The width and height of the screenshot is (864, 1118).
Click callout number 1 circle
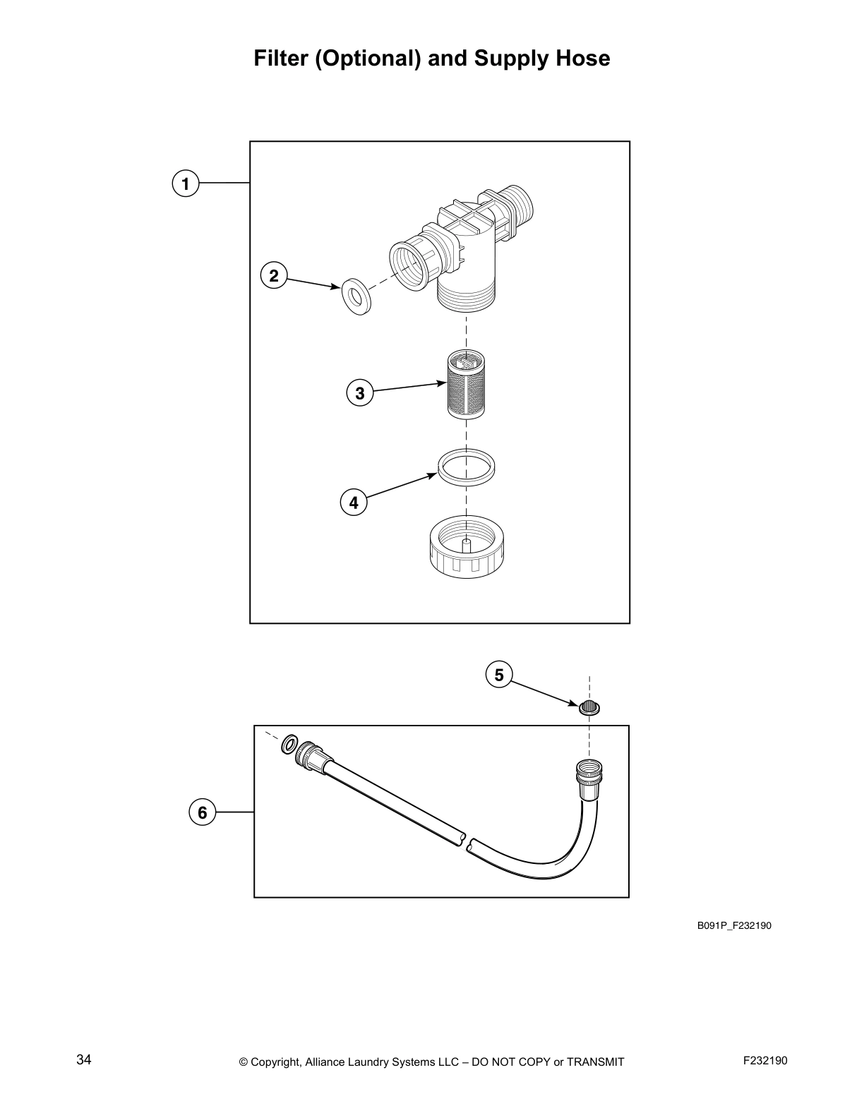click(185, 184)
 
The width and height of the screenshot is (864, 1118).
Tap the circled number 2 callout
click(274, 275)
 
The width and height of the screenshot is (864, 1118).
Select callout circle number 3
click(360, 392)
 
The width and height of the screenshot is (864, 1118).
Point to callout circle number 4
click(354, 503)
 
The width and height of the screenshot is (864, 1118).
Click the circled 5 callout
click(499, 675)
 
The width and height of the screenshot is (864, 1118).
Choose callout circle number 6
click(203, 812)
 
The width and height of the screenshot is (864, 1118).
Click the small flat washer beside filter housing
click(357, 296)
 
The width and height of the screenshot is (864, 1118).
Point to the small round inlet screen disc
click(589, 707)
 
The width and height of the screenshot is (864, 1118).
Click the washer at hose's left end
click(289, 744)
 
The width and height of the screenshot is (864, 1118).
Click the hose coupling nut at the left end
click(311, 756)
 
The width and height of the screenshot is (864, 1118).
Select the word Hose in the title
click(582, 58)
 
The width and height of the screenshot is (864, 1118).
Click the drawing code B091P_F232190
click(734, 925)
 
